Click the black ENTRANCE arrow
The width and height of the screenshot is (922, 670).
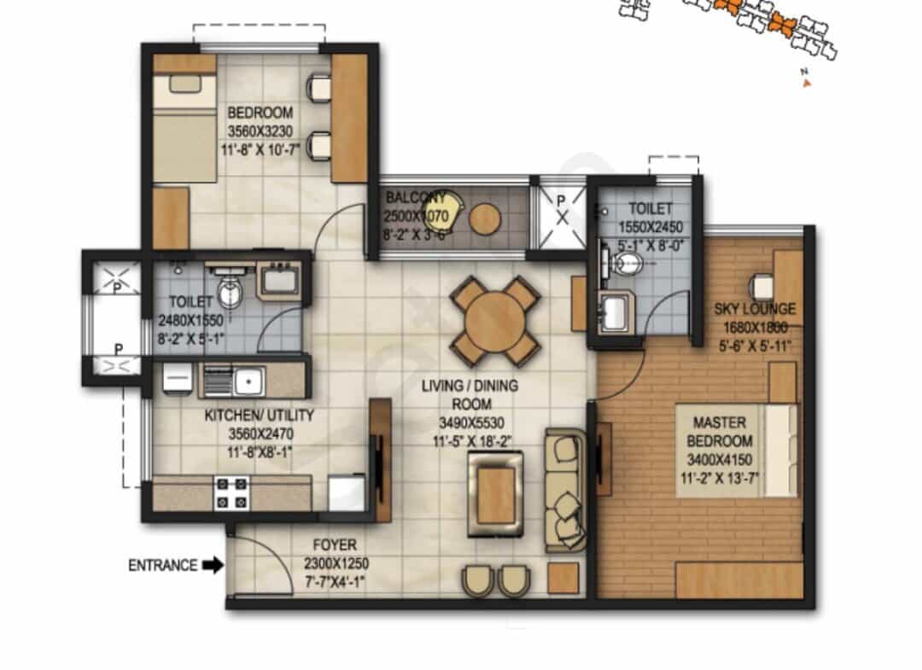point(213,565)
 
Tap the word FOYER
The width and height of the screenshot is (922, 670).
point(335,545)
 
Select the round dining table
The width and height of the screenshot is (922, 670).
point(495,321)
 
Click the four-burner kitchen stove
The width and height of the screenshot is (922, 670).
point(231,493)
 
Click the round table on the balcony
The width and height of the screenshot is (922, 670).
point(485,218)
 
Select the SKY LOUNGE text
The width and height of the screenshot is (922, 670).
point(755,309)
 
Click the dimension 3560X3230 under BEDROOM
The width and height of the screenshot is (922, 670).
point(260,131)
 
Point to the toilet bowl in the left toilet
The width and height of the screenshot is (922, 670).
point(230,292)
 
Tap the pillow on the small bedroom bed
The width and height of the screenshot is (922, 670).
point(184,83)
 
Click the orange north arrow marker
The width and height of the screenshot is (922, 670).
point(808,83)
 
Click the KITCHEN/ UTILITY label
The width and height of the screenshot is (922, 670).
point(259,416)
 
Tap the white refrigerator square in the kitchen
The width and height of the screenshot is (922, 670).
point(347,492)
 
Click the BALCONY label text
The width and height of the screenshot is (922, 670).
point(416,197)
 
